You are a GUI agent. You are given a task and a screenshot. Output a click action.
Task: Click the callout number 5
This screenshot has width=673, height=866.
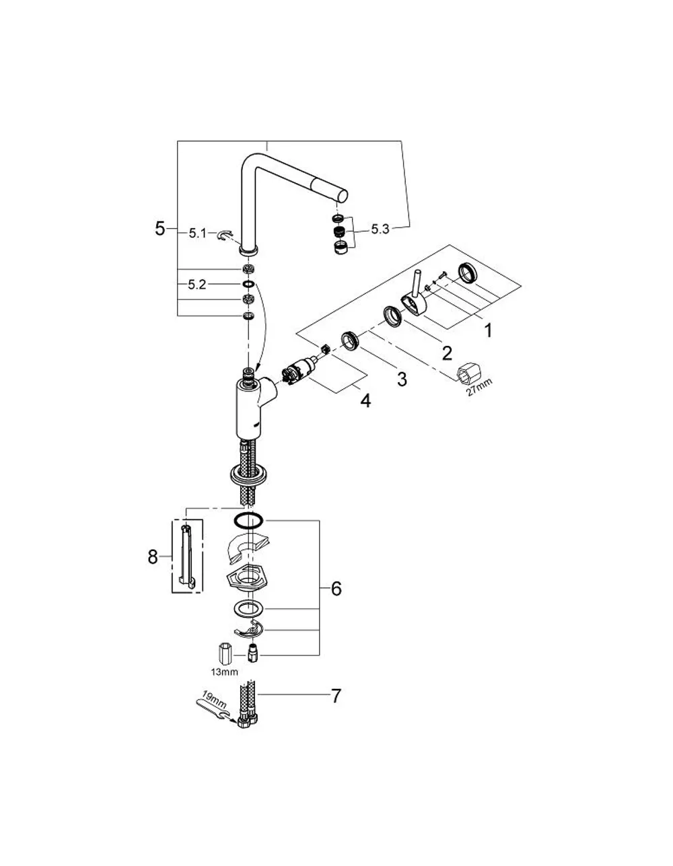160,229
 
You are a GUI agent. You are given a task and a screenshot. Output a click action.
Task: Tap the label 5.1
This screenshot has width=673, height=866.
198,233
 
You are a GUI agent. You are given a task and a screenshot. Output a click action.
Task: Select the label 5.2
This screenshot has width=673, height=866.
197,285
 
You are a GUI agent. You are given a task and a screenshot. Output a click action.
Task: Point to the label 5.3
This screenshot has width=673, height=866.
380,229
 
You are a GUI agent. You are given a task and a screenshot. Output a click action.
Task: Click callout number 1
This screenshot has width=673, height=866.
488,331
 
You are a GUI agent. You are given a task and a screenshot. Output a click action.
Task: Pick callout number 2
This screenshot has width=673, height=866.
447,353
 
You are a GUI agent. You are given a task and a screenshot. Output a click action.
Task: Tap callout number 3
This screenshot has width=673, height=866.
402,379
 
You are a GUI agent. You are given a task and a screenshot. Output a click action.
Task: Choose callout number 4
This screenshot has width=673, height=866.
365,400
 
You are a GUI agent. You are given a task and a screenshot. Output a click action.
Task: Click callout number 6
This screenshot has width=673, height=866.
336,589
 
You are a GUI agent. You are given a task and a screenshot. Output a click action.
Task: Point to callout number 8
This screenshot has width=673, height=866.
153,556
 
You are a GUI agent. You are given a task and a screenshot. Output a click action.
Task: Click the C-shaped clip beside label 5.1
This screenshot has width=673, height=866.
225,236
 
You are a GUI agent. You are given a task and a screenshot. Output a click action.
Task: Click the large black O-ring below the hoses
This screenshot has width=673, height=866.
248,521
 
